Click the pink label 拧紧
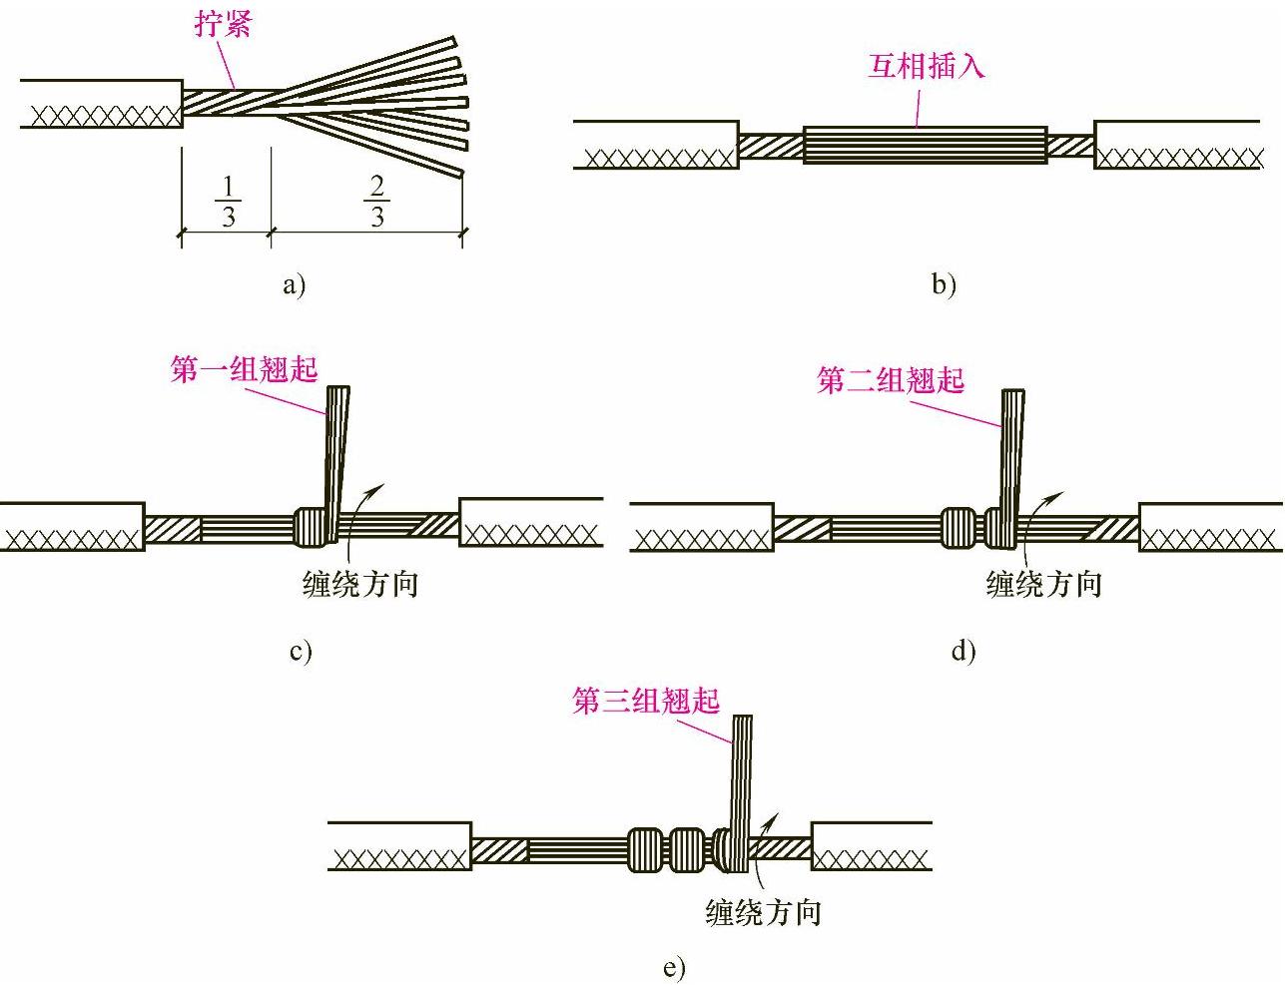(x=223, y=23)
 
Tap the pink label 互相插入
(x=926, y=67)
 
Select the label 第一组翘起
(x=244, y=370)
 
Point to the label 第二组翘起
(x=891, y=380)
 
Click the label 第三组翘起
(x=646, y=701)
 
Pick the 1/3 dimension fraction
(x=228, y=201)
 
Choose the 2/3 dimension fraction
(x=376, y=201)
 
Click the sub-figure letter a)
(x=294, y=285)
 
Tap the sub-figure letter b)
(x=944, y=284)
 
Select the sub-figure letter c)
(x=301, y=652)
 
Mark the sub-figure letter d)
(x=963, y=652)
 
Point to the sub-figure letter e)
(x=674, y=967)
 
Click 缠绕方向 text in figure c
(x=360, y=583)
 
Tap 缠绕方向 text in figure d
(x=1043, y=583)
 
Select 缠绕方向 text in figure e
(x=763, y=911)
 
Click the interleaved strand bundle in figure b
(x=925, y=145)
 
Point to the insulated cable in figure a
(x=100, y=104)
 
